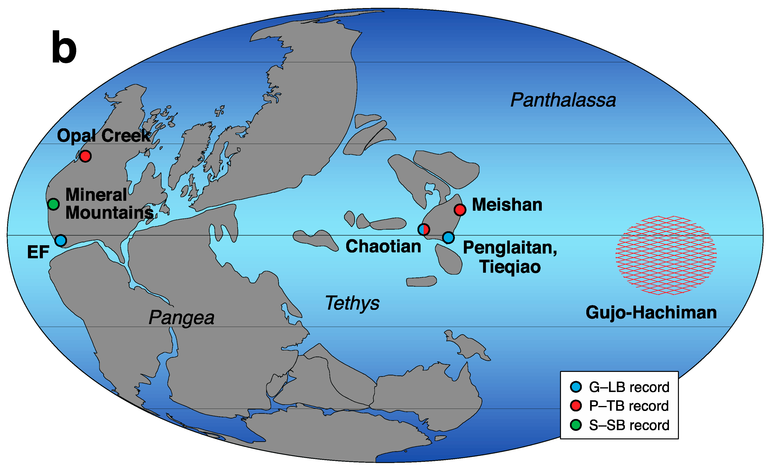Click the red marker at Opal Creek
click(x=85, y=156)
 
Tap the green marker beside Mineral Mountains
click(x=54, y=204)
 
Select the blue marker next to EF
click(x=61, y=241)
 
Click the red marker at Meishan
click(x=460, y=209)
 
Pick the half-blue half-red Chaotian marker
click(x=424, y=230)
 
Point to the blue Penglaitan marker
click(x=448, y=237)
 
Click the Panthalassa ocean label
click(x=563, y=100)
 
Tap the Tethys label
click(x=352, y=303)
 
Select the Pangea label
click(x=181, y=317)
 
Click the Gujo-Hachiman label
click(x=651, y=312)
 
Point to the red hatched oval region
click(x=666, y=255)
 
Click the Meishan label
click(x=507, y=205)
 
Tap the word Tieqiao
click(x=510, y=267)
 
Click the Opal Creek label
click(x=103, y=135)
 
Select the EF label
click(x=38, y=252)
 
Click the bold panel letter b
click(x=64, y=48)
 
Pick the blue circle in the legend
click(x=576, y=387)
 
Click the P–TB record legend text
click(x=629, y=406)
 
